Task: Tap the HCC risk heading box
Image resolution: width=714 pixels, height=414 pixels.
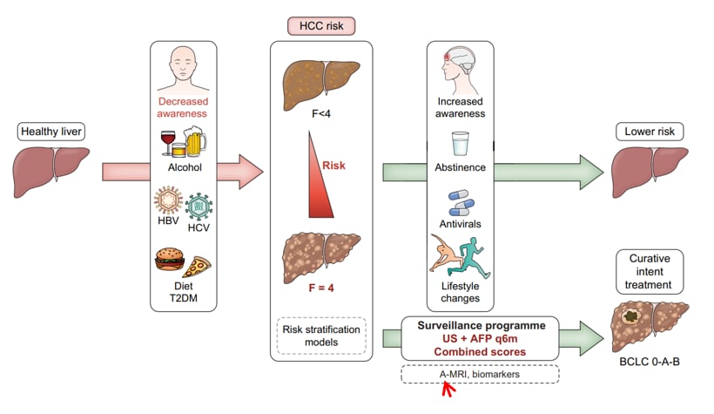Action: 321,26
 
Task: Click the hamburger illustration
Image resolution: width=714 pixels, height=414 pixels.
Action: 168,261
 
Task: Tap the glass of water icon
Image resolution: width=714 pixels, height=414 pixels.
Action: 459,142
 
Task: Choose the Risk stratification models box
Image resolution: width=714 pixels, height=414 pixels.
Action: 321,336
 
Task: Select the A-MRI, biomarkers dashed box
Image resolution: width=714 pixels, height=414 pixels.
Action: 480,374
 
